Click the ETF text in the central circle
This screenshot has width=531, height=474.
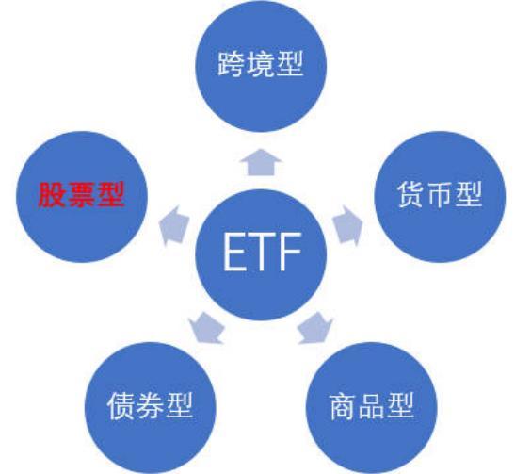pyautogui.click(x=262, y=252)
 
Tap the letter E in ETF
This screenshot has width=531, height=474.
pyautogui.click(x=234, y=252)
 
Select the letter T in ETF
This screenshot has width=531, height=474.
pyautogui.click(x=263, y=252)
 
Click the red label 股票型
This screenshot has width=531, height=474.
pyautogui.click(x=81, y=195)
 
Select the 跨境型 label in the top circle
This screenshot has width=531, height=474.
pyautogui.click(x=260, y=64)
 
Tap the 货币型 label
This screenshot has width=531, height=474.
pyautogui.click(x=440, y=194)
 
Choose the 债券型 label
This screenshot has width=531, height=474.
pyautogui.click(x=150, y=405)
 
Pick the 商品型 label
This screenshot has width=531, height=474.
pyautogui.click(x=372, y=406)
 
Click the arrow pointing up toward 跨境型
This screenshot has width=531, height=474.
pyautogui.click(x=261, y=162)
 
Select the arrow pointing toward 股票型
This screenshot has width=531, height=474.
pyautogui.click(x=174, y=225)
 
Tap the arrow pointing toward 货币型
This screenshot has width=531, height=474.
pyautogui.click(x=347, y=225)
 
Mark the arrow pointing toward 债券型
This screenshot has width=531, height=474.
pyautogui.click(x=206, y=328)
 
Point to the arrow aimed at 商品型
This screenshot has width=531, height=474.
pyautogui.click(x=315, y=328)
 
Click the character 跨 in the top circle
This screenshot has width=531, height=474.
pyautogui.click(x=231, y=64)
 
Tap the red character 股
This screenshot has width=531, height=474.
pyautogui.click(x=52, y=195)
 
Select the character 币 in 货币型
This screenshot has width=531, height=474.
pyautogui.click(x=440, y=195)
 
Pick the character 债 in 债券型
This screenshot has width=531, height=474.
pyautogui.click(x=121, y=406)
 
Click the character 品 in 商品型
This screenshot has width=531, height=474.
pyautogui.click(x=372, y=406)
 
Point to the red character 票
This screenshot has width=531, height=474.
pyautogui.click(x=81, y=195)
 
